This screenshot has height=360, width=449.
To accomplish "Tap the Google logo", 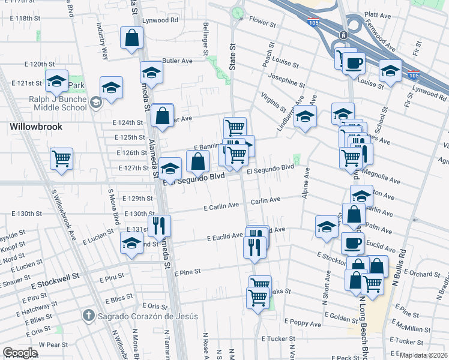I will click(x=20, y=353).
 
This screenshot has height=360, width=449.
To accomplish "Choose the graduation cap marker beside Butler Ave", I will click(x=151, y=73).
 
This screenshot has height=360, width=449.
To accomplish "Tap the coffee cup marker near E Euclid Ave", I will click(x=352, y=243).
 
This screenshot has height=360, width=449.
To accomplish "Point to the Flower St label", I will click(x=262, y=26).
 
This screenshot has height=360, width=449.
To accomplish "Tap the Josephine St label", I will click(x=287, y=79).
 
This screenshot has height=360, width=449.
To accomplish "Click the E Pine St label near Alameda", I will click(x=187, y=272).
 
